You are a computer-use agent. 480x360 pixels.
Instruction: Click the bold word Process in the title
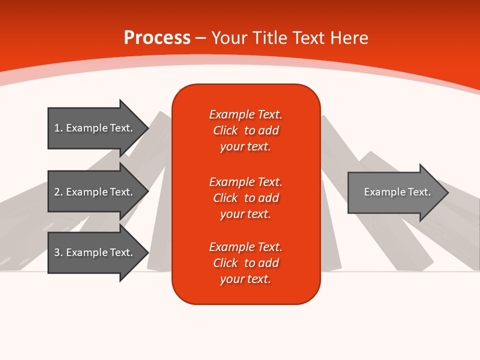click(x=157, y=38)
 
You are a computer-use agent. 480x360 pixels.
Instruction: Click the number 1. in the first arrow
click(x=58, y=128)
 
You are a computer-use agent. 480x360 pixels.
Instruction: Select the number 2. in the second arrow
click(x=58, y=192)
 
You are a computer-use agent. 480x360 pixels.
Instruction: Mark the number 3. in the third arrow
click(x=58, y=252)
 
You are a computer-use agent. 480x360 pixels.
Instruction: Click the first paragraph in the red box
click(x=245, y=130)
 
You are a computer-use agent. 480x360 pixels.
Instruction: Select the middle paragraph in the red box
click(x=245, y=197)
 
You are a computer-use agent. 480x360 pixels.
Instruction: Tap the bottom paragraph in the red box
click(x=245, y=263)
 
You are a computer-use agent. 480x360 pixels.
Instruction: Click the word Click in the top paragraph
click(x=225, y=130)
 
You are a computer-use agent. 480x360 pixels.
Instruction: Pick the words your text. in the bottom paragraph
click(x=245, y=279)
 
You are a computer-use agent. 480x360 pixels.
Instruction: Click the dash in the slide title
click(x=200, y=38)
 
